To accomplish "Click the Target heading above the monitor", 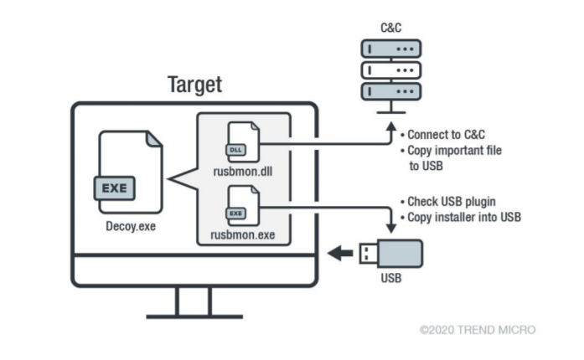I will click(x=194, y=85).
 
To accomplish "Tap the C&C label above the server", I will click(x=390, y=27).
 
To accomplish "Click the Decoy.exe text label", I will click(x=129, y=224).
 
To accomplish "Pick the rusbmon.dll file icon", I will click(x=243, y=143).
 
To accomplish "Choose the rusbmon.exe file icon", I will click(x=243, y=206).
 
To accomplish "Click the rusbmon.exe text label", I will click(x=242, y=235).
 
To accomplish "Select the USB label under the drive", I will click(x=391, y=278).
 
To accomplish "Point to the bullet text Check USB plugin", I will click(x=449, y=202).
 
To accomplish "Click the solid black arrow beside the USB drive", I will click(x=339, y=253).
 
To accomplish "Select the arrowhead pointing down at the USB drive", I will click(x=390, y=227).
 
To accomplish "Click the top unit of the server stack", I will click(x=390, y=49).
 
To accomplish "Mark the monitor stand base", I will click(x=194, y=316).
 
